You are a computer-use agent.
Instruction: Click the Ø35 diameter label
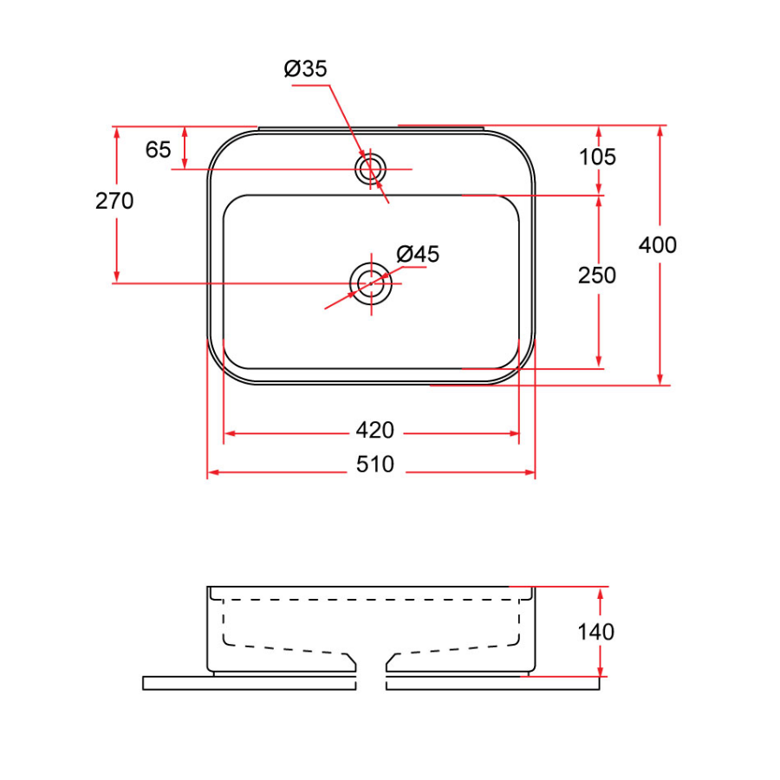306,69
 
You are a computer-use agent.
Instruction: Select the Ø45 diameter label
419,254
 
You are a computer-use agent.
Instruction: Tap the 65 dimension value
158,150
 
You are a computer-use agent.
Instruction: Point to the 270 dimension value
114,201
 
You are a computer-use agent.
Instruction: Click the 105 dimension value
598,157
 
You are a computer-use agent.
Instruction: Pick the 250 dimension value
598,275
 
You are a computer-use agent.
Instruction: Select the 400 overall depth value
658,245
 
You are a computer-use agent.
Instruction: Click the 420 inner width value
374,430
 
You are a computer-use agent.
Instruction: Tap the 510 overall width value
374,465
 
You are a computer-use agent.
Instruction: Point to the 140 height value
596,632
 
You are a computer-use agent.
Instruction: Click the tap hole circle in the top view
372,168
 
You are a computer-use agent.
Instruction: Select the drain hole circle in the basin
371,283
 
